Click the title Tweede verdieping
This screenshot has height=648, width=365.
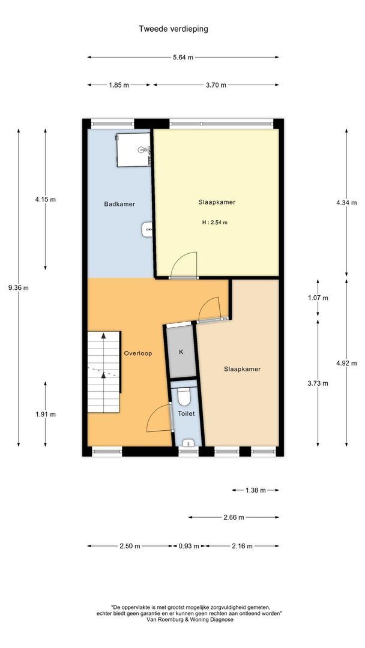coord(173,29)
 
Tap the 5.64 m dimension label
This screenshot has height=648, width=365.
coord(182,58)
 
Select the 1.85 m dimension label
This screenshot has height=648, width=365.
coord(119,85)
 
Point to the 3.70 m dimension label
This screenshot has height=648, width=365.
coord(216,85)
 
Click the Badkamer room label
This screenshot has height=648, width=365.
coord(119,204)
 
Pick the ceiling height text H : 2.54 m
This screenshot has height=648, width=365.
coord(214,223)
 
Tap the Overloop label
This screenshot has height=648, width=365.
coord(138,353)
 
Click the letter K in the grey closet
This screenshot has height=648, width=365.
coord(181,352)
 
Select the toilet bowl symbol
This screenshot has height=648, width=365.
coord(183,396)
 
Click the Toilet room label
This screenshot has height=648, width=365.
coord(186,413)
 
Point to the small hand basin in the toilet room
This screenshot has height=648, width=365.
coord(188,443)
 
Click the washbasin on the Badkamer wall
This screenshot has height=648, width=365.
coord(148,230)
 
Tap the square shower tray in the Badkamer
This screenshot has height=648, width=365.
coord(133,149)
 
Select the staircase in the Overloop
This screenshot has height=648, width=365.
coord(103,371)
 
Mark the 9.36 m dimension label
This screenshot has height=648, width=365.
coord(18,288)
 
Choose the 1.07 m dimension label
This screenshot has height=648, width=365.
coord(318,298)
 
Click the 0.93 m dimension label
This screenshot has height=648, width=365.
coord(189,546)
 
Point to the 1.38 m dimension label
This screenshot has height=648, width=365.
coord(256,490)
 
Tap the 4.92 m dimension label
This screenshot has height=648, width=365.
coord(346,363)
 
